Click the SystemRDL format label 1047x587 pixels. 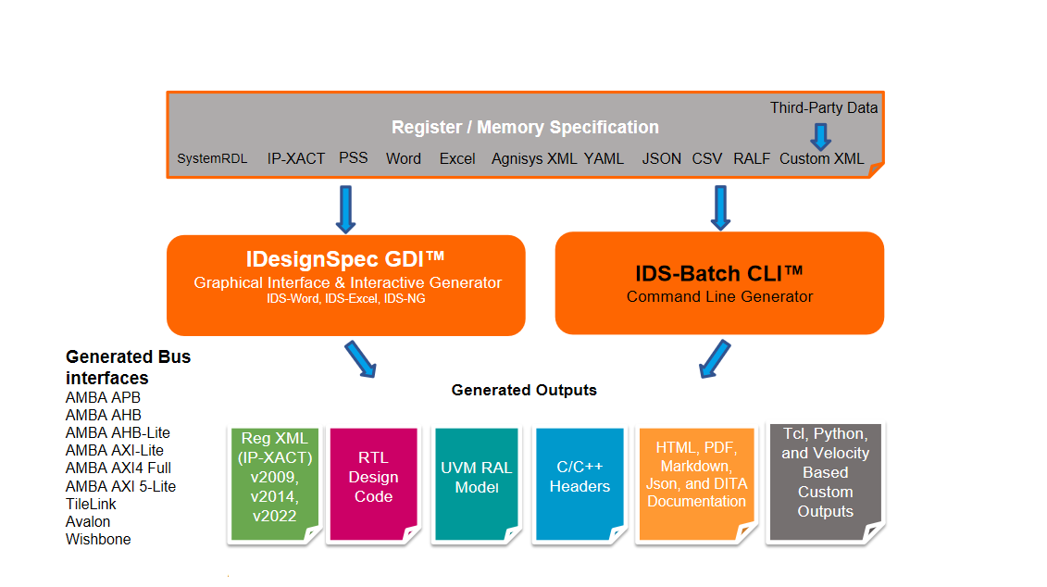click(x=212, y=159)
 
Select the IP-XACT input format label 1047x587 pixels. click(x=296, y=158)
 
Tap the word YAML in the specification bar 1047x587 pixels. click(x=604, y=158)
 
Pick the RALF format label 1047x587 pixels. click(x=752, y=158)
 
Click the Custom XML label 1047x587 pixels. click(x=822, y=158)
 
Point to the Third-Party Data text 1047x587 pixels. click(x=824, y=107)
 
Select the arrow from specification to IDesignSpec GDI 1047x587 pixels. click(x=345, y=208)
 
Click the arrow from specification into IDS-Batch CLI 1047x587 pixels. click(x=719, y=206)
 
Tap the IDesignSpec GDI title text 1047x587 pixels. click(x=346, y=260)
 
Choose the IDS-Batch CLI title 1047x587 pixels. click(x=719, y=273)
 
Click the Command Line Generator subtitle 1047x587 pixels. click(x=719, y=296)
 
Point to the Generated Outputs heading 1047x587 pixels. click(x=524, y=390)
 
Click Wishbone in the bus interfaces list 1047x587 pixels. click(x=98, y=539)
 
